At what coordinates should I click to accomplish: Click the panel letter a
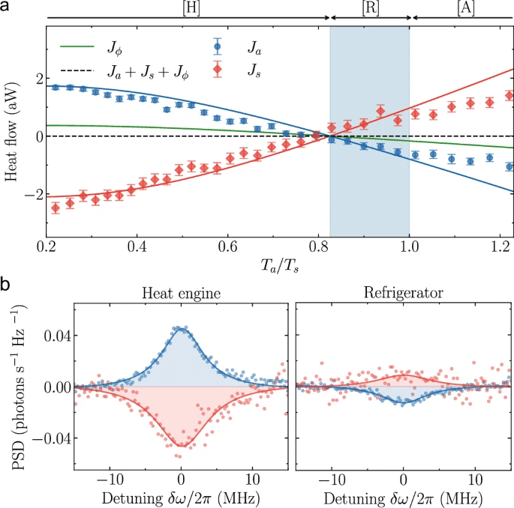click(x=6, y=6)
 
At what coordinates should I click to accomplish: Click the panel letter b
click(x=6, y=285)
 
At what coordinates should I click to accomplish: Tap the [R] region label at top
click(x=370, y=7)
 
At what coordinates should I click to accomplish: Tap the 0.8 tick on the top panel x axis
click(x=321, y=246)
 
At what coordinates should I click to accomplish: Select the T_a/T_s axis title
click(x=279, y=266)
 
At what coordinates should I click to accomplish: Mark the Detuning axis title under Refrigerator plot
click(x=402, y=498)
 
